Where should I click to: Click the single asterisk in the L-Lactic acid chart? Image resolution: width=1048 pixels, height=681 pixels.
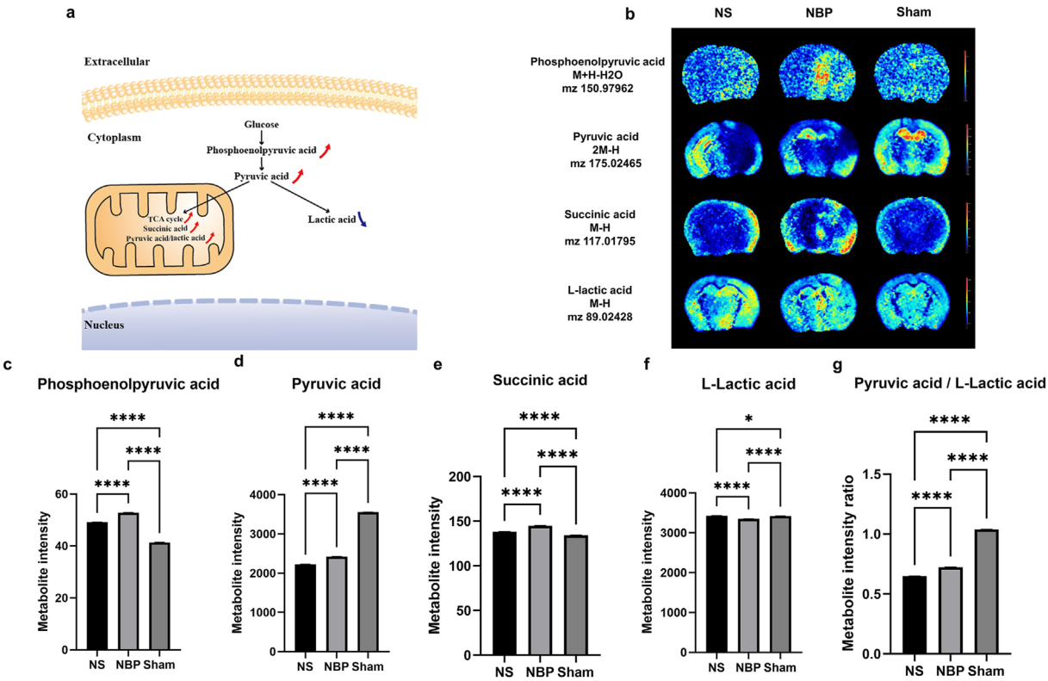tap(747, 419)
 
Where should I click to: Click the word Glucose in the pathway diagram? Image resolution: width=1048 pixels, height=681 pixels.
tap(261, 126)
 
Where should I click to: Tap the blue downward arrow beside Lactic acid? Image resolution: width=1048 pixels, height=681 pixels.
tap(363, 220)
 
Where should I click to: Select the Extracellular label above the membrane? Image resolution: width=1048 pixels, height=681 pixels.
tap(116, 63)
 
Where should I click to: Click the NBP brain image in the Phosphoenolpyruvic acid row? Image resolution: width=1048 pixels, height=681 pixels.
tap(815, 75)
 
